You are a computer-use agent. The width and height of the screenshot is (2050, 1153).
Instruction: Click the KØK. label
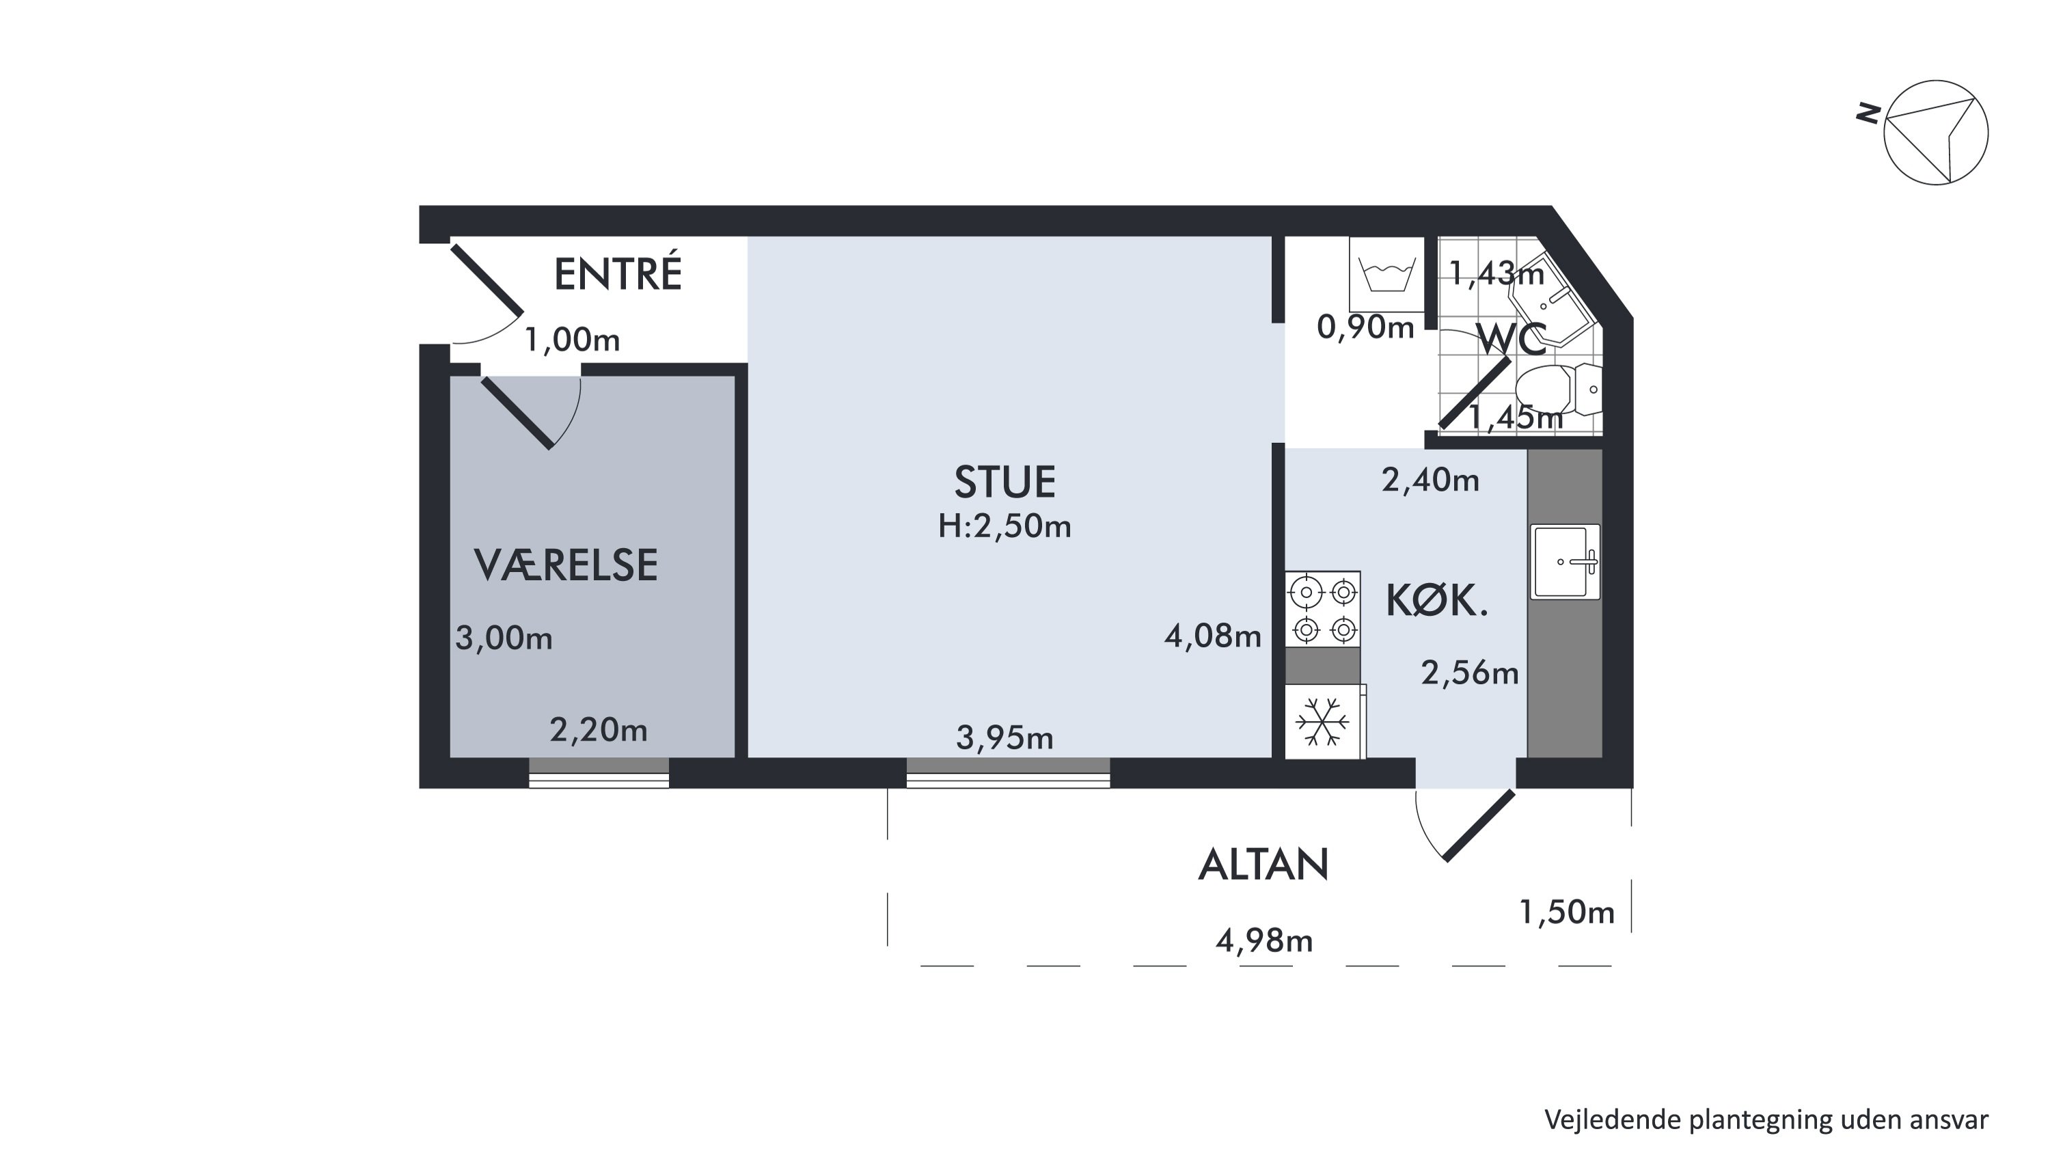tap(1436, 601)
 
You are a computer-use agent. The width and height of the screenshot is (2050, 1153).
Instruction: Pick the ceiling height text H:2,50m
tap(1004, 526)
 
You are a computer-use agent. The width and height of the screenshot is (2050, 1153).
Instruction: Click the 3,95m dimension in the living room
tap(1004, 737)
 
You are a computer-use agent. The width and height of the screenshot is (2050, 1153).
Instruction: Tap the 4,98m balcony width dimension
tap(1263, 940)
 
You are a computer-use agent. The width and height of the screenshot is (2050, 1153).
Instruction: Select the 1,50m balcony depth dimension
tap(1566, 912)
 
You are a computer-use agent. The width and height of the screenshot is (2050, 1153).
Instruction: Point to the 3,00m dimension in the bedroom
tap(504, 638)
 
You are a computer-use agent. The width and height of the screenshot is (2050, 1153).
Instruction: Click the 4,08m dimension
tap(1213, 635)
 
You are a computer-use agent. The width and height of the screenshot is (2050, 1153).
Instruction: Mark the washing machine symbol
tap(1386, 275)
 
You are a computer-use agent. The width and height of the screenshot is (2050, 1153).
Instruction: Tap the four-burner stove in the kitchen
tap(1323, 610)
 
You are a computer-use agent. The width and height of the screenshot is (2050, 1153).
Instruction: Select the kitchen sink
tap(1566, 562)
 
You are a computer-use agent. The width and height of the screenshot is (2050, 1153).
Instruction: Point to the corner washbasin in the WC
tap(1552, 300)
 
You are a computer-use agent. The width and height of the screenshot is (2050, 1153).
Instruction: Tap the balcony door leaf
tap(1479, 825)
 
